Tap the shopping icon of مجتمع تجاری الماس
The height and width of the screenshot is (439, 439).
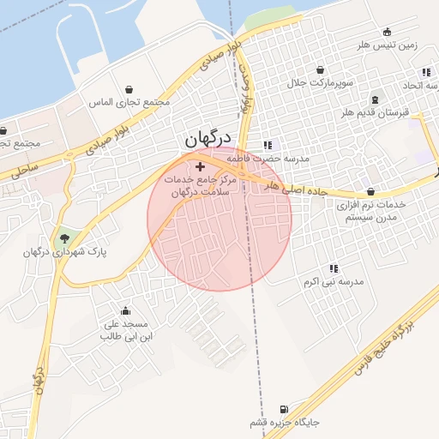tap(129, 89)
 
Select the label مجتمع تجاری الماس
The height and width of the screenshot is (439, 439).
tap(130, 103)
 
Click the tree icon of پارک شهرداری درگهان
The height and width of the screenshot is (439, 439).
tap(65, 238)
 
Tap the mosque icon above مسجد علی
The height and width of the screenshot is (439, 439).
tap(126, 310)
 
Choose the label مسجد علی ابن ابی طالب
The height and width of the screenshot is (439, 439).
tap(126, 330)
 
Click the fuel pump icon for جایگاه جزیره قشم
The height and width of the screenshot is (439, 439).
tap(284, 409)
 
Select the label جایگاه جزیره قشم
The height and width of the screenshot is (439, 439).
tap(284, 424)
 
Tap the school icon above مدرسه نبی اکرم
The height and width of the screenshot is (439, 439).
tap(334, 268)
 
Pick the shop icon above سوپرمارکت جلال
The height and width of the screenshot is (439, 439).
tap(319, 69)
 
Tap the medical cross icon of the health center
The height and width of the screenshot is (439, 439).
tap(200, 165)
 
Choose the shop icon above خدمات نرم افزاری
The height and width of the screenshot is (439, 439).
tap(370, 192)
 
